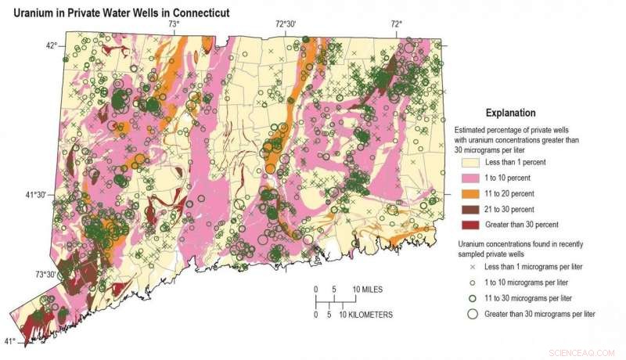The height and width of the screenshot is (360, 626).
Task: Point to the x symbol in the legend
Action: [x=473, y=267]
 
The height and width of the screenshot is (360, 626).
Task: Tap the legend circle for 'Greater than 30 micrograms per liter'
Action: [x=473, y=314]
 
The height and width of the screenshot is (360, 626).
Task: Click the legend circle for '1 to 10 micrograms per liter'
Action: [x=473, y=283]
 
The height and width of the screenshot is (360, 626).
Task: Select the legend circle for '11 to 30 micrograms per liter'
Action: [x=473, y=298]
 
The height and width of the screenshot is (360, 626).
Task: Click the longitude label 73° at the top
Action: [x=174, y=24]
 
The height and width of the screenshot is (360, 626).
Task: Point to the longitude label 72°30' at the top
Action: [x=286, y=24]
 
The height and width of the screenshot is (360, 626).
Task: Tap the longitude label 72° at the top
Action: [x=396, y=24]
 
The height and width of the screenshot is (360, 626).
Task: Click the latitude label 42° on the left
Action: [x=51, y=45]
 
